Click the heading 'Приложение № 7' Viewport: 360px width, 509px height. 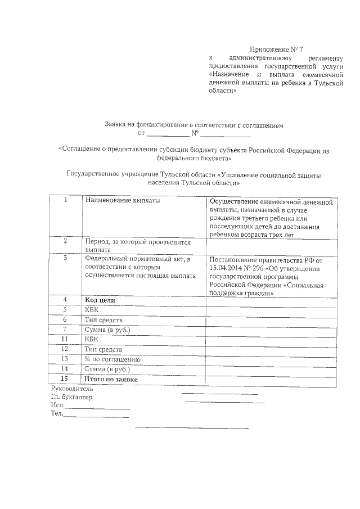coord(280,49)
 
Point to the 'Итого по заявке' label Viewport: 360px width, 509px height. coord(111,380)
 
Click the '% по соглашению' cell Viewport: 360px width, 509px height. coord(112,359)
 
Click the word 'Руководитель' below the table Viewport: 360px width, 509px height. coord(73,389)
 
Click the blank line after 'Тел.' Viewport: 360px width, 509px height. coord(96,417)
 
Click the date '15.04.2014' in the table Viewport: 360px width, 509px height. coord(225,268)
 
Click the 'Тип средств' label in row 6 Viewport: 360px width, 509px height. coord(103,319)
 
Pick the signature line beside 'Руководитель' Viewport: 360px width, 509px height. coord(220,393)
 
